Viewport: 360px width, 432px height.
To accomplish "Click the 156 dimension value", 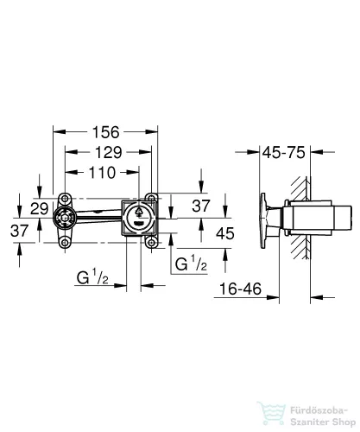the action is point(105,132).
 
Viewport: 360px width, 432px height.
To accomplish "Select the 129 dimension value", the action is point(108,152).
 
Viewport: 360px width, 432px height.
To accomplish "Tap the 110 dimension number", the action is point(102,173).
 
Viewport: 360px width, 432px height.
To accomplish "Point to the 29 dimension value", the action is point(40,208).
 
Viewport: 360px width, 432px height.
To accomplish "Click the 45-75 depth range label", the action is point(284,152).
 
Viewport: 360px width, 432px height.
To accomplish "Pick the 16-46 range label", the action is point(240,289).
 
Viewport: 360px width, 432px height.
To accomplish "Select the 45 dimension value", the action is point(225,233).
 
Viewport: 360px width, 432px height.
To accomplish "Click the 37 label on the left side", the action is point(20,231).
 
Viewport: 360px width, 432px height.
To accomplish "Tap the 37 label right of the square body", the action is point(201,206).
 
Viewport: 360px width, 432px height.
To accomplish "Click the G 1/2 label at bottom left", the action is point(92,278).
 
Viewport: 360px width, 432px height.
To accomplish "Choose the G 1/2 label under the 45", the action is point(191,264).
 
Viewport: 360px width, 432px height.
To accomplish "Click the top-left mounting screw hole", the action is point(66,199).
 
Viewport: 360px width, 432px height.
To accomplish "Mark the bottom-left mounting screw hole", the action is point(66,243).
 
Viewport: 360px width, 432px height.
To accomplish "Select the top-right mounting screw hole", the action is point(151,199).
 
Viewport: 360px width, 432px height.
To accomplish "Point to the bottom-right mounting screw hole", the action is point(151,243).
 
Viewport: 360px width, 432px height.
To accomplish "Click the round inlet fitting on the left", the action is point(65,219).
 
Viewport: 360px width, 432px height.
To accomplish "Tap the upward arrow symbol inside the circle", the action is point(139,212).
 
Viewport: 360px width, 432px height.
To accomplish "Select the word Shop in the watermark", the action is point(344,422).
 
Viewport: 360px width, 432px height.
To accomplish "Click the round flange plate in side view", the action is point(263,220).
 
